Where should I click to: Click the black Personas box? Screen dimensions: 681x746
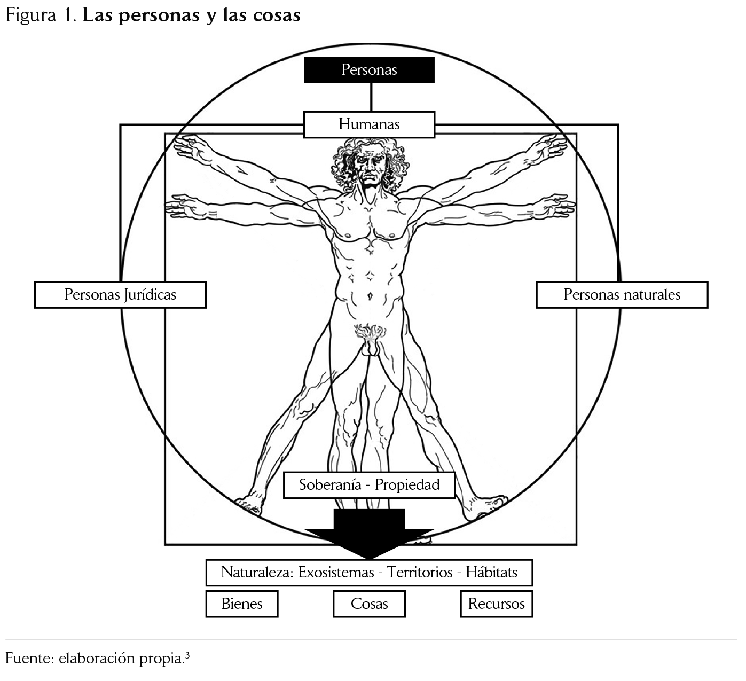coord(369,70)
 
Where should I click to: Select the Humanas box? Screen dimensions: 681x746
coord(369,124)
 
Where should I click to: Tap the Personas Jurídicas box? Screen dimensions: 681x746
coord(120,295)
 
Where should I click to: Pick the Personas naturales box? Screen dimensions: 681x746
coord(622,295)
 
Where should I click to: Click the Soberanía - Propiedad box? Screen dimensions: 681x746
coord(369,485)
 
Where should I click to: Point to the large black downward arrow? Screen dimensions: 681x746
coord(369,534)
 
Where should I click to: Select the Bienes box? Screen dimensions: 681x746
coord(242,604)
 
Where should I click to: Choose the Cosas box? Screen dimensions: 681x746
coord(369,604)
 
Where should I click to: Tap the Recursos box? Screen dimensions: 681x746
coord(496,604)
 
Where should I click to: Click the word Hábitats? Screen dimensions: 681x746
coord(491,573)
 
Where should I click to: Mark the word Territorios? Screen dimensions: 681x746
coord(420,573)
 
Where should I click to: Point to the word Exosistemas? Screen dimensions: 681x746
coord(336,573)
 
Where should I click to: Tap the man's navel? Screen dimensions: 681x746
coord(370,295)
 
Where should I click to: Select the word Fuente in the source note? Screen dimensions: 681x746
coord(28,658)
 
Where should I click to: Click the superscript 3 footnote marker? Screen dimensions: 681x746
coord(187,654)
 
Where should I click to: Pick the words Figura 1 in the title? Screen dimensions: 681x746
coord(40,15)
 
